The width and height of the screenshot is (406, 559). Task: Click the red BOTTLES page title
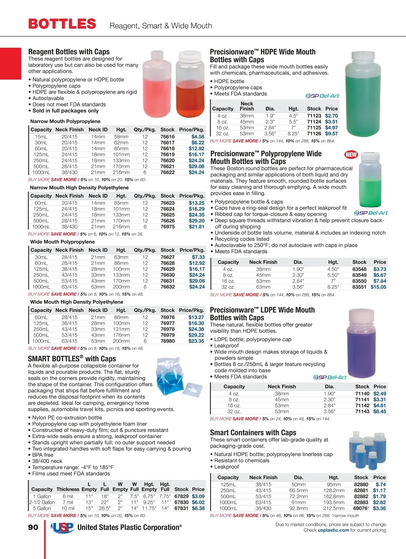[x=62, y=24]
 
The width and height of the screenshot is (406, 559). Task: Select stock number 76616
[x=167, y=137]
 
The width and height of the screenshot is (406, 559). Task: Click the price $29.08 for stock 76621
[x=197, y=167]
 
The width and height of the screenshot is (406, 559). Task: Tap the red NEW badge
[x=351, y=155]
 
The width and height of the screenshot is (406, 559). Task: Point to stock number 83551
[x=359, y=287]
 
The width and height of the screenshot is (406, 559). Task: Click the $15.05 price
[x=378, y=287]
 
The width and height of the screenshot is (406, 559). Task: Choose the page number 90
[x=33, y=527]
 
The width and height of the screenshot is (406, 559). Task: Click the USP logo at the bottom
[x=62, y=528]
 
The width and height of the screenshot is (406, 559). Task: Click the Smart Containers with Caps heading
[x=253, y=433]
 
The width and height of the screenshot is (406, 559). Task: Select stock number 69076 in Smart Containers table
[x=361, y=508]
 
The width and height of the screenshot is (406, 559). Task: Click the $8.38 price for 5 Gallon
[x=198, y=508]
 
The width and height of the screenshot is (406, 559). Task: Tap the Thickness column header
[x=68, y=489]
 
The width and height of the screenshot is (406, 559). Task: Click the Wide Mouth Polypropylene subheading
[x=63, y=242]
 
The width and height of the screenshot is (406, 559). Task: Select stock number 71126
[x=314, y=134]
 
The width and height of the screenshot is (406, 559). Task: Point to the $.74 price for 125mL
[x=381, y=484]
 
